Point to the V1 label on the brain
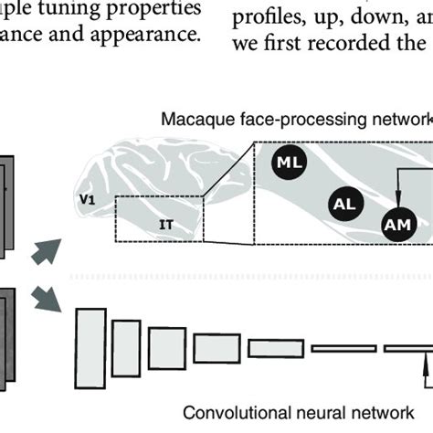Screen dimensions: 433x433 (88, 195)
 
